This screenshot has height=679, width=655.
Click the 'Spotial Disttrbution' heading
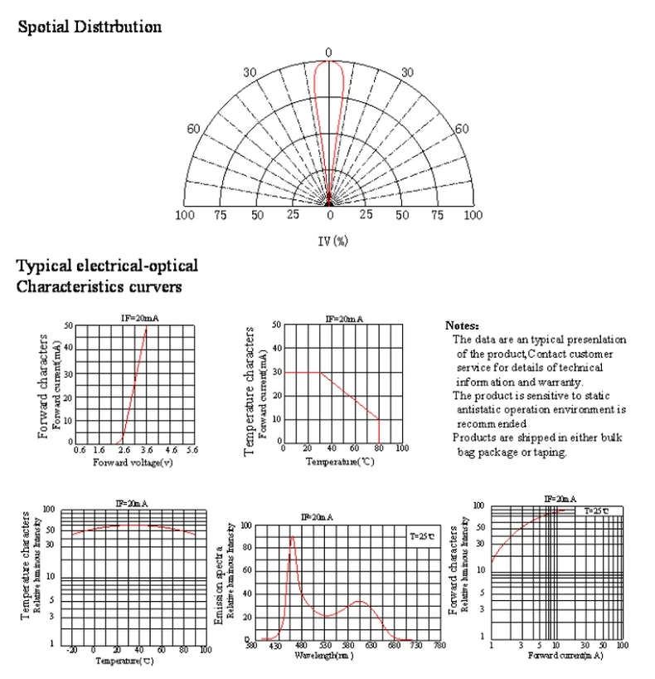[x=90, y=27]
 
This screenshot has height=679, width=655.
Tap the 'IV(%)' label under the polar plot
[x=329, y=242]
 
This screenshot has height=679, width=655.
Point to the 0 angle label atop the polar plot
[x=328, y=52]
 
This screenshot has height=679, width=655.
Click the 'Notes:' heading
[x=462, y=326]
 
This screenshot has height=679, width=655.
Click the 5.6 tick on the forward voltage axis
[x=192, y=449]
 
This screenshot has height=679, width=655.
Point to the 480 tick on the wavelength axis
[x=301, y=645]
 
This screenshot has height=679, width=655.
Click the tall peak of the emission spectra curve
[x=292, y=536]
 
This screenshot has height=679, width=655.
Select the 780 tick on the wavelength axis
[x=439, y=645]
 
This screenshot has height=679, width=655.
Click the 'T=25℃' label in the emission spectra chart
[x=421, y=537]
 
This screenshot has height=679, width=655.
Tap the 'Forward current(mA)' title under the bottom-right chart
[x=559, y=656]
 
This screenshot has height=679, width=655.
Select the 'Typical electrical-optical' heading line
[x=107, y=266]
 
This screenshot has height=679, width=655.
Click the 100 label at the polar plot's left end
[x=185, y=215]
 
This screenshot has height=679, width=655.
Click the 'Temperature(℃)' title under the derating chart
[x=341, y=461]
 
